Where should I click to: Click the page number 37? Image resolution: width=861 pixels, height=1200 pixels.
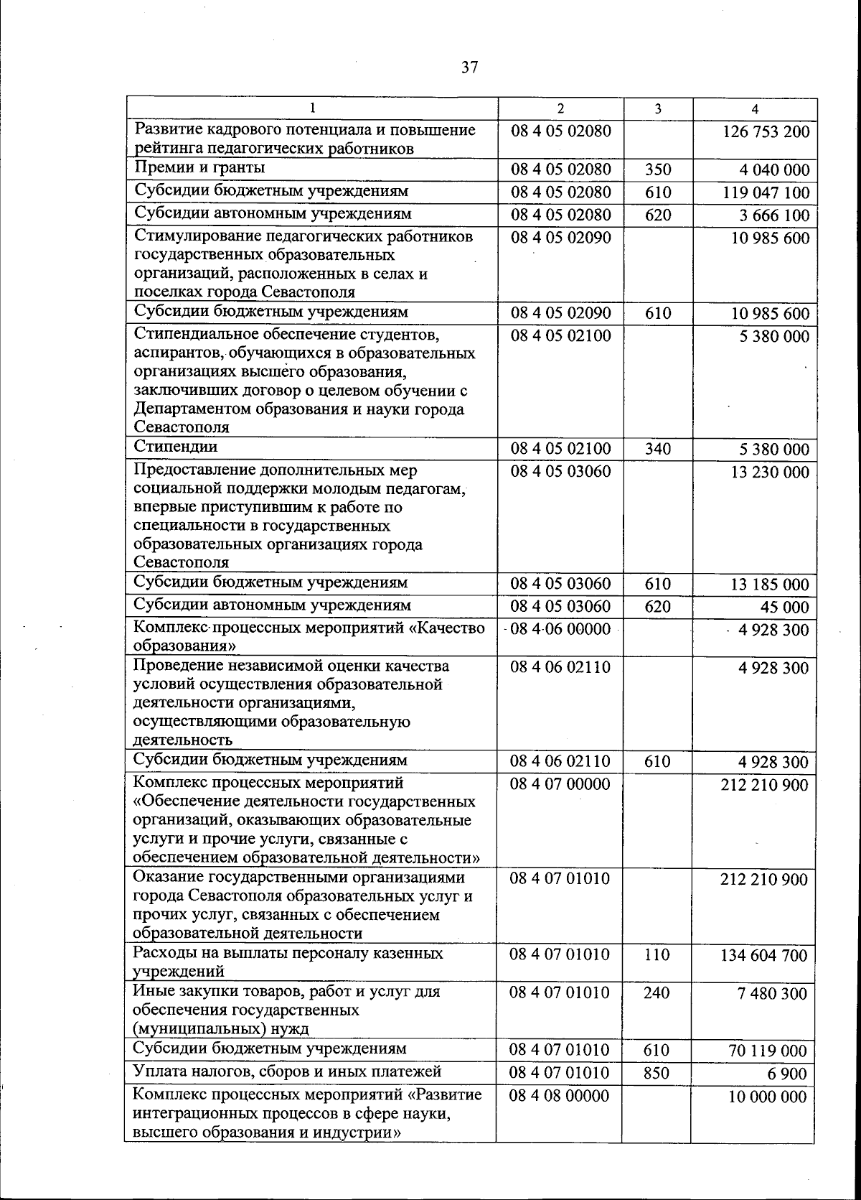(x=469, y=68)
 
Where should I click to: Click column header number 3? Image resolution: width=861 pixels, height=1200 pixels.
(x=657, y=108)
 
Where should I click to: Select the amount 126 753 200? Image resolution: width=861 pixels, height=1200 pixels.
(x=764, y=132)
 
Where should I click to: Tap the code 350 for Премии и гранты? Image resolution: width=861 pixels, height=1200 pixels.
(x=657, y=170)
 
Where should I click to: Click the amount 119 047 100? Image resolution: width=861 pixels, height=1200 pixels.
(x=764, y=193)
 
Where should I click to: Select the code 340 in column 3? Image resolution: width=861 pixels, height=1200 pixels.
(x=657, y=450)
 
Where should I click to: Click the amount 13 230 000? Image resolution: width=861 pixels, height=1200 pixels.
(x=769, y=473)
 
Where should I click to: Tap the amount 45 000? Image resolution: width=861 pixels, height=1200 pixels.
(x=784, y=608)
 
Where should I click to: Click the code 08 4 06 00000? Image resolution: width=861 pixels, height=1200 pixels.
(x=560, y=630)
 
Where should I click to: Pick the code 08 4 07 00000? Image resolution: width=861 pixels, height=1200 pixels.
(x=560, y=784)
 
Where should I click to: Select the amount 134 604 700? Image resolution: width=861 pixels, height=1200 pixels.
(x=763, y=956)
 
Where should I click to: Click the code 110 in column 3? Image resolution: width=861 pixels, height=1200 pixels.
(x=657, y=955)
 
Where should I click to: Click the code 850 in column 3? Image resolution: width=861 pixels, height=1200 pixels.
(x=657, y=1073)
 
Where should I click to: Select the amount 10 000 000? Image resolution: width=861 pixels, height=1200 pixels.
(x=768, y=1097)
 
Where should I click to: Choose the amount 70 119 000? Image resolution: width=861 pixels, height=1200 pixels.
(x=768, y=1051)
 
